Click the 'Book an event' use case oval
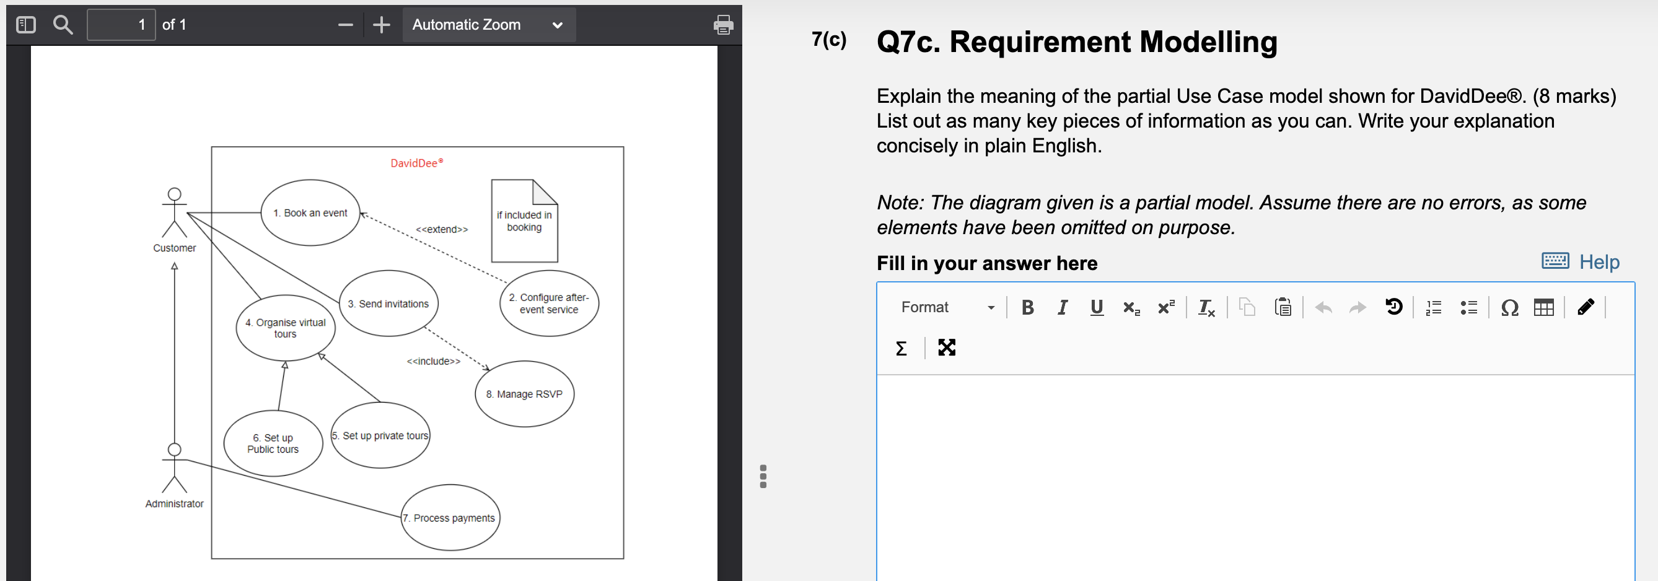pyautogui.click(x=310, y=212)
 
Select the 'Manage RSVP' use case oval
pyautogui.click(x=524, y=394)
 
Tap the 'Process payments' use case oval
pyautogui.click(x=450, y=517)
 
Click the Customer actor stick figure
pyautogui.click(x=175, y=213)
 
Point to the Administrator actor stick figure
pyautogui.click(x=175, y=468)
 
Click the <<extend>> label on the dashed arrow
pyautogui.click(x=442, y=229)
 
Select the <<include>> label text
pyautogui.click(x=433, y=361)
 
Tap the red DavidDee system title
pyautogui.click(x=416, y=163)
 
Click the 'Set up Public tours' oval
pyautogui.click(x=273, y=443)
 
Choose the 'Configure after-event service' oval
pyautogui.click(x=548, y=303)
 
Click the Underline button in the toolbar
pyautogui.click(x=1096, y=308)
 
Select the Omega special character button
pyautogui.click(x=1509, y=308)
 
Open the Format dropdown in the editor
pyautogui.click(x=947, y=308)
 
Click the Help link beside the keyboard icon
pyautogui.click(x=1599, y=262)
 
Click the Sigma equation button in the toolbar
pyautogui.click(x=901, y=348)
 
